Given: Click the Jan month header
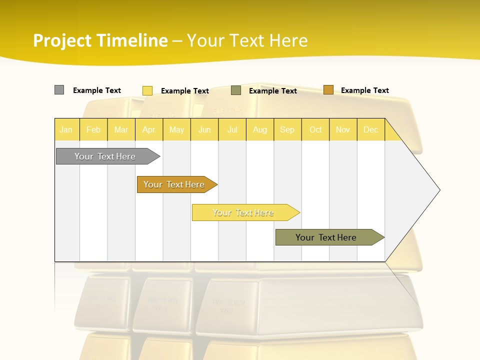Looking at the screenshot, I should [66, 129].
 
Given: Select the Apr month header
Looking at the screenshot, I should [149, 129].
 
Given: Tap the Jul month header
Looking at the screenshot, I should [232, 129].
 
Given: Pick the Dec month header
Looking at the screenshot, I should [370, 129].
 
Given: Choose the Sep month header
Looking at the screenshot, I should [287, 129].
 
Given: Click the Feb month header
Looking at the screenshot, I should [93, 129].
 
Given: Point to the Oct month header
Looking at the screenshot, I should [315, 129].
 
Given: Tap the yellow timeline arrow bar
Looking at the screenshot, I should [243, 212].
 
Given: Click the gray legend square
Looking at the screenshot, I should [59, 90].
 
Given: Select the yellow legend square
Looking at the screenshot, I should [147, 90].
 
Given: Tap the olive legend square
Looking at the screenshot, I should [236, 90].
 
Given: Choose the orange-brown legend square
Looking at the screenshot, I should [328, 90].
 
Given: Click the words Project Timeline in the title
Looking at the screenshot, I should [100, 40].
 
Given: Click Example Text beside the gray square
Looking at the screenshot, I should [97, 90].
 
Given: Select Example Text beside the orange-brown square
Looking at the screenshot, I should [365, 90].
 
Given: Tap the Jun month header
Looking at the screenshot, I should [204, 129].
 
